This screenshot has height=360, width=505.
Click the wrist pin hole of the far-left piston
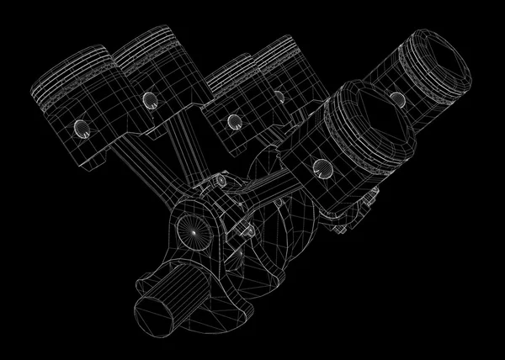pyautogui.click(x=82, y=129)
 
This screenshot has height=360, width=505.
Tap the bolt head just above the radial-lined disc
pyautogui.click(x=220, y=181)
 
